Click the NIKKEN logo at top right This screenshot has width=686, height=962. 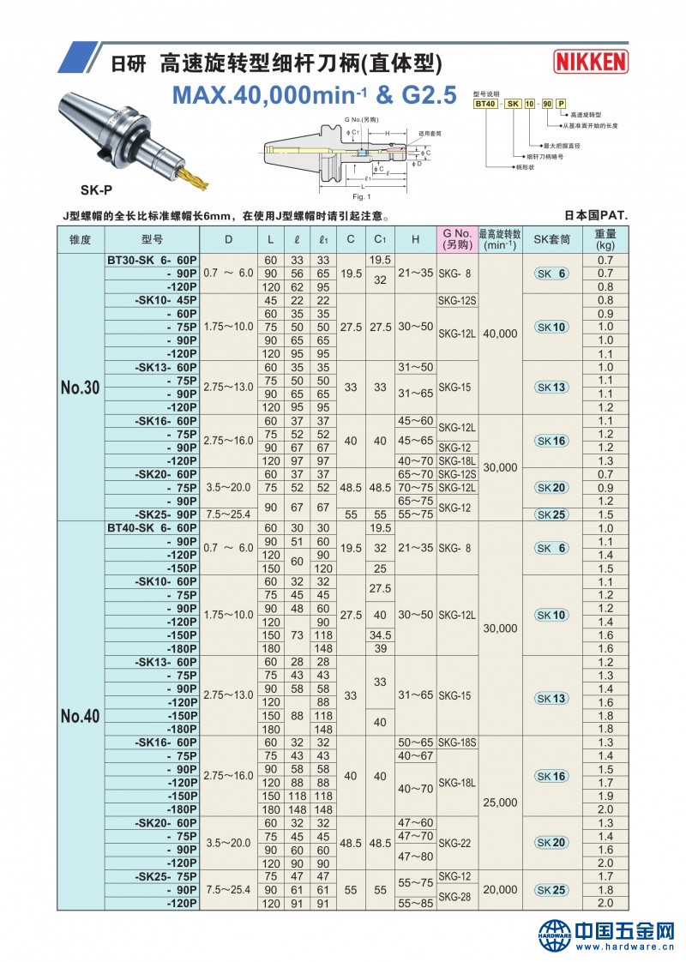click(591, 61)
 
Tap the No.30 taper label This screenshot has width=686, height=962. click(81, 388)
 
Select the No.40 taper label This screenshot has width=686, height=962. click(81, 716)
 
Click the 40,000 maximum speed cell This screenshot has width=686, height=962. click(501, 334)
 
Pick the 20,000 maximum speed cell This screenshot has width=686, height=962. click(501, 890)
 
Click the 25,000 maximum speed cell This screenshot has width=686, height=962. click(501, 803)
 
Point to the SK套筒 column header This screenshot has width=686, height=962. click(551, 239)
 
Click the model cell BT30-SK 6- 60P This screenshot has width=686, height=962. click(151, 260)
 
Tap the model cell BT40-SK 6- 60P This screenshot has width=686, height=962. click(151, 529)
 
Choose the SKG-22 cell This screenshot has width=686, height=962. click(455, 843)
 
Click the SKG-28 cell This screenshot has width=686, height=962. click(455, 896)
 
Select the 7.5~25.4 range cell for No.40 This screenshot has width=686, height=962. click(228, 890)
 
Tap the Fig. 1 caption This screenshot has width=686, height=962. click(362, 196)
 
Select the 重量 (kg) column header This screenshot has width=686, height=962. click(605, 239)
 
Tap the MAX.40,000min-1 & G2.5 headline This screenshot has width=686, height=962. click(314, 94)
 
